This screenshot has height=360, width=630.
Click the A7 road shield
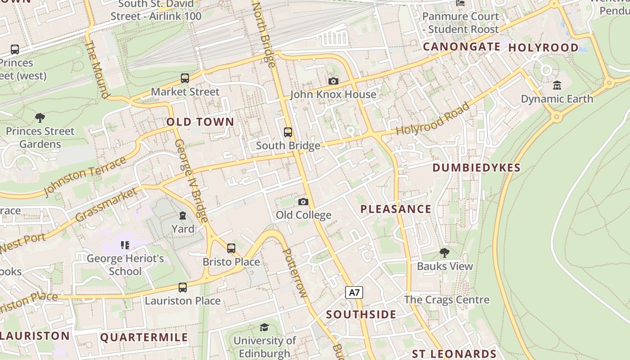(355, 292)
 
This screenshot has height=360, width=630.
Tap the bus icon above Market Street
(185, 78)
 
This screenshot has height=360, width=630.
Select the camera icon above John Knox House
(333, 81)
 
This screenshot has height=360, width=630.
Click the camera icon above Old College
(303, 202)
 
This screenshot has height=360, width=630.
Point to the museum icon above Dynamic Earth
(557, 85)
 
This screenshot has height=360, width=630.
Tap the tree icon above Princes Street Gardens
(40, 118)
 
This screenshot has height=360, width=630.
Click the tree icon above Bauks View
(445, 253)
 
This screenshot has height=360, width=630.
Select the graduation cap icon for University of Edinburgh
(265, 327)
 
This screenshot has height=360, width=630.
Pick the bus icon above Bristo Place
(231, 248)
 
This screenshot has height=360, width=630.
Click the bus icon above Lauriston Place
(183, 287)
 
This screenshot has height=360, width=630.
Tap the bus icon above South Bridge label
(288, 132)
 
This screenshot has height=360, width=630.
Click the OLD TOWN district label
(200, 122)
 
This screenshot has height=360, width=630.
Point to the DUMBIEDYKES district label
(476, 168)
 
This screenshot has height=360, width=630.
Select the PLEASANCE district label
(396, 209)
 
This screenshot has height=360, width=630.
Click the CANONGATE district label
(462, 47)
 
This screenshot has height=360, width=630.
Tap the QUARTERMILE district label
(144, 337)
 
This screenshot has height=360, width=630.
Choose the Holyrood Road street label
(433, 119)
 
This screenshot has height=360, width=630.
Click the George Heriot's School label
(125, 265)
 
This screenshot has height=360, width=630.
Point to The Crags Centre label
(446, 300)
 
